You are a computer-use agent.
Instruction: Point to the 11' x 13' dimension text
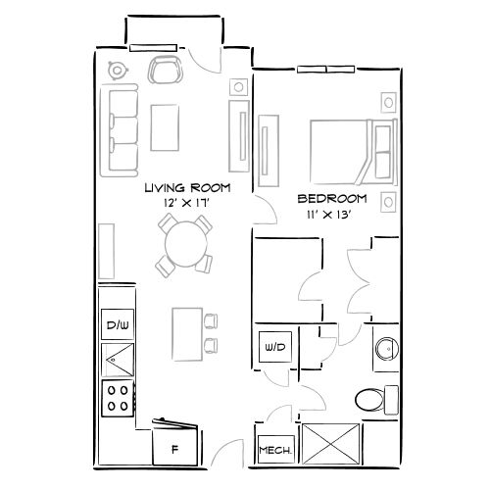(x=331, y=215)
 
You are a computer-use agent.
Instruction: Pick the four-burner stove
(x=118, y=397)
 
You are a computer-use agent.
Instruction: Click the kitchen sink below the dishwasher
(x=117, y=361)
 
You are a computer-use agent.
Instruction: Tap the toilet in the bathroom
(x=373, y=399)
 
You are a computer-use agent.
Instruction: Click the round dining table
(x=183, y=240)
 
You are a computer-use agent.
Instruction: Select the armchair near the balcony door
(x=164, y=71)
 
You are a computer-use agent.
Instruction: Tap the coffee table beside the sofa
(x=164, y=124)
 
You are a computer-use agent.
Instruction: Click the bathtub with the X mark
(x=330, y=442)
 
